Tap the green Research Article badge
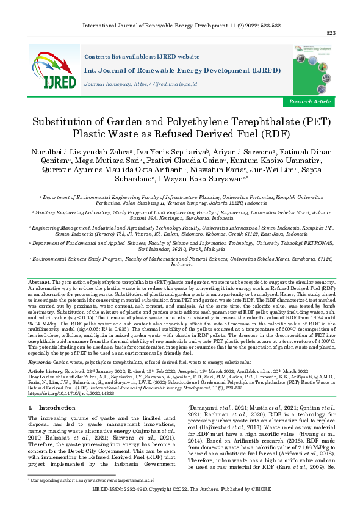pos(311,101)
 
